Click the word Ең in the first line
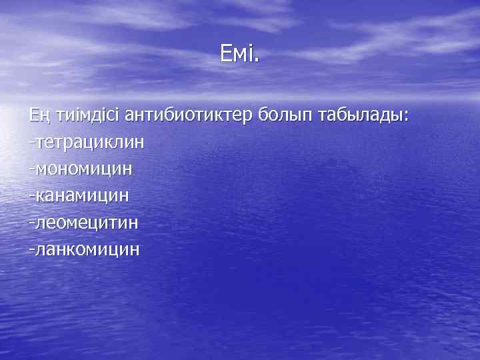(x=37, y=115)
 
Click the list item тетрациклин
(x=90, y=142)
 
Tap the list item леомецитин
(x=87, y=222)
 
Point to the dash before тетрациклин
(x=31, y=143)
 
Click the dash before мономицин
(x=31, y=169)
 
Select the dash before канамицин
(x=31, y=196)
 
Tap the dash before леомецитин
(x=31, y=223)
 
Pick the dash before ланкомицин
(x=31, y=249)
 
